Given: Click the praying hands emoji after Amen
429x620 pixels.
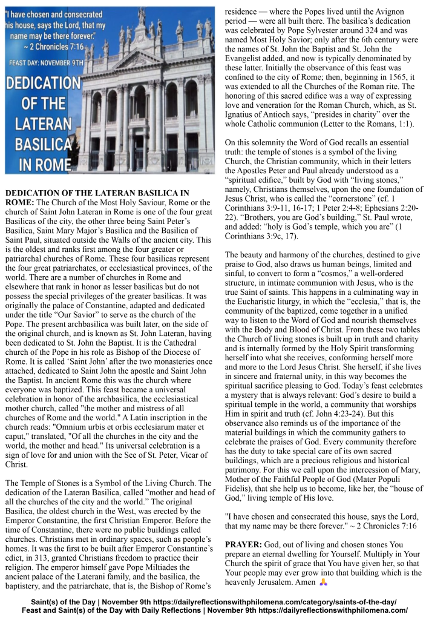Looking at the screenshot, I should tap(323, 582).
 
